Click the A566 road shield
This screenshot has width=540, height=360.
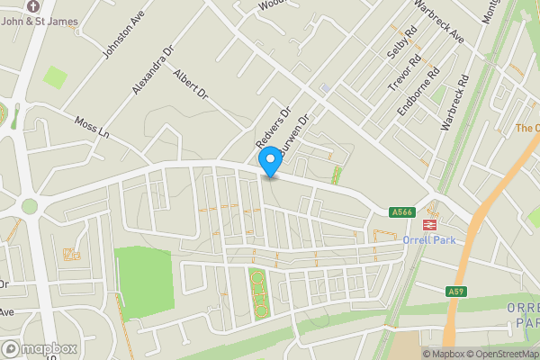coord(401,212)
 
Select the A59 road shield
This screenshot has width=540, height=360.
coord(456,292)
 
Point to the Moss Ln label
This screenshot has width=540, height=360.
coord(92,128)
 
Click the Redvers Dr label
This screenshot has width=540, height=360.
coord(274,130)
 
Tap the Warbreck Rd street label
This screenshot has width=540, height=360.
coord(455,104)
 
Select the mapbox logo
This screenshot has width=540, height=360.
coord(40,348)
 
